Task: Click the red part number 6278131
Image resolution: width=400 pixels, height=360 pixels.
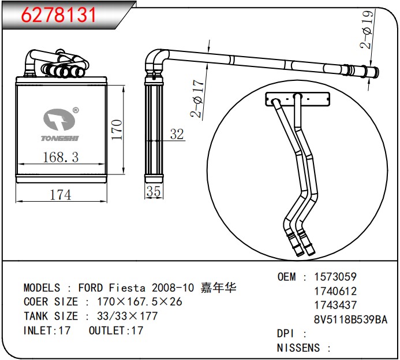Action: (58, 15)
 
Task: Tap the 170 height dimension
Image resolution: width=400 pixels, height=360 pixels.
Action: (117, 129)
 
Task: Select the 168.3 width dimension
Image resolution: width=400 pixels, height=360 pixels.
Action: (61, 157)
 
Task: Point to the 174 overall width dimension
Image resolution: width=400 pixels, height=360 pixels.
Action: (61, 195)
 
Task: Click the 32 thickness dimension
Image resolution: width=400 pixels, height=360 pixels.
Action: (177, 134)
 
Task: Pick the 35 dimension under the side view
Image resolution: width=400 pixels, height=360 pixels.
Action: (154, 191)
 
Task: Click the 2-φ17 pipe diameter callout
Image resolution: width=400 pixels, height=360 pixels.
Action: (197, 98)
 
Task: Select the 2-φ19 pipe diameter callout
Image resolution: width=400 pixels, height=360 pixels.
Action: (367, 29)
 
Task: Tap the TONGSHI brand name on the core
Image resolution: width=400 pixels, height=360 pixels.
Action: (60, 138)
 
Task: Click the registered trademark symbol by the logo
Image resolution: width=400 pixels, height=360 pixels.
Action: (76, 110)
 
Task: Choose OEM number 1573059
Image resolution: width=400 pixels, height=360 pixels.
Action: (335, 277)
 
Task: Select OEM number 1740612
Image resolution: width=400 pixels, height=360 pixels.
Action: (335, 291)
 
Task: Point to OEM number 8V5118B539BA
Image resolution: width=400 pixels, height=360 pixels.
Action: (350, 320)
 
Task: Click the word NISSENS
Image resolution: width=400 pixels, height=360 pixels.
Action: (298, 348)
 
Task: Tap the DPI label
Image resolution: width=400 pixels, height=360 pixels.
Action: (286, 333)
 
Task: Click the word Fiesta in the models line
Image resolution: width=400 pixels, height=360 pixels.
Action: (127, 288)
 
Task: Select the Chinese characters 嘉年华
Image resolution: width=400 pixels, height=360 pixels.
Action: (218, 288)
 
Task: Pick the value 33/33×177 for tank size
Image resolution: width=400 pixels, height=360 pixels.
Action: (128, 316)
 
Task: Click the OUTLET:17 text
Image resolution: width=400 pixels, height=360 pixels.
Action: (116, 331)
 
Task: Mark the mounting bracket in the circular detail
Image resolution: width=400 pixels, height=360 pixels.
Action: (297, 99)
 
